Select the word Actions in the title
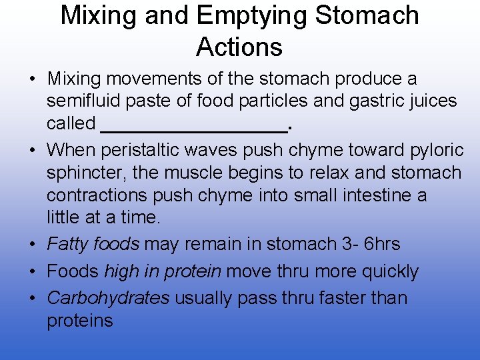pos(239,47)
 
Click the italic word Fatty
pos(67,244)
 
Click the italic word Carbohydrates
pos(108,297)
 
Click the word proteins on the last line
pos(80,321)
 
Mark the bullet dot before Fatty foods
pos(32,245)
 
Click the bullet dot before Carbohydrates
pos(32,298)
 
